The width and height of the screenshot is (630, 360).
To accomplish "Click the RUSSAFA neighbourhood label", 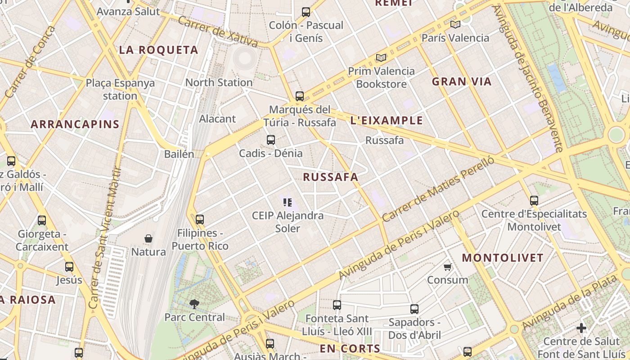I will pyautogui.click(x=331, y=177).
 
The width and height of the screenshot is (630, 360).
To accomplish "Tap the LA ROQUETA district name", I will pyautogui.click(x=158, y=50).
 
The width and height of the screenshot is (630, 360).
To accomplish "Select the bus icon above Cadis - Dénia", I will pyautogui.click(x=270, y=140).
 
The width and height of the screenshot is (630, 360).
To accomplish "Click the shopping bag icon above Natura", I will pyautogui.click(x=148, y=238).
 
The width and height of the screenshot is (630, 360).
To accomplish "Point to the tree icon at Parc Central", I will pyautogui.click(x=194, y=304).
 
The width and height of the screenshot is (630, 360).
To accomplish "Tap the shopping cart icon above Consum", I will pyautogui.click(x=447, y=267).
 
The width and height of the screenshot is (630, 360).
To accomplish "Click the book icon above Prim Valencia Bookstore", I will pyautogui.click(x=381, y=58).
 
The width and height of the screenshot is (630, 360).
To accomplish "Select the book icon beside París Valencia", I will pyautogui.click(x=455, y=24).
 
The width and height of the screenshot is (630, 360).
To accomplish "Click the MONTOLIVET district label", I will pyautogui.click(x=503, y=258).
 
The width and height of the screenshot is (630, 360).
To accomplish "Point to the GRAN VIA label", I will pyautogui.click(x=462, y=82).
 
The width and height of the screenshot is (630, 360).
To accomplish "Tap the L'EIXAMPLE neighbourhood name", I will pyautogui.click(x=387, y=121).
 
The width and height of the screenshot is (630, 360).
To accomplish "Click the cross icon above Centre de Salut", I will pyautogui.click(x=581, y=328).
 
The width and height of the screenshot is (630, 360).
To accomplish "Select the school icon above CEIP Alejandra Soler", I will pyautogui.click(x=288, y=202).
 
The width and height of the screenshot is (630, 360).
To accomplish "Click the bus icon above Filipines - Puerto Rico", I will pyautogui.click(x=200, y=220).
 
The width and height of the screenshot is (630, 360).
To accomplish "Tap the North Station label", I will pyautogui.click(x=219, y=82).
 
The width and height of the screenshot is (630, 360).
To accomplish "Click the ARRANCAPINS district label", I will pyautogui.click(x=75, y=125).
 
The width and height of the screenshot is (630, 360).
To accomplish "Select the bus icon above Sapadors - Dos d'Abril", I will pyautogui.click(x=414, y=309).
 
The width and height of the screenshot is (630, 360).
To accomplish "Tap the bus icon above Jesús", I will pyautogui.click(x=69, y=267).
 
